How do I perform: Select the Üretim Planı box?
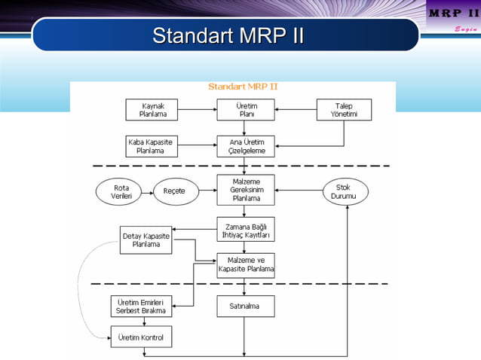pyautogui.click(x=246, y=110)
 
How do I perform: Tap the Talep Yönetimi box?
pyautogui.click(x=344, y=110)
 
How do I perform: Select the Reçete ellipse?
pyautogui.click(x=174, y=192)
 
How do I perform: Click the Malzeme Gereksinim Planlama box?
pyautogui.click(x=246, y=190)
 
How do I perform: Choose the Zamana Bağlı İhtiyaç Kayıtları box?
pyautogui.click(x=246, y=229)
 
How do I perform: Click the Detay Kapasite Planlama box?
pyautogui.click(x=146, y=240)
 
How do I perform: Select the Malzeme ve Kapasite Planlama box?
pyautogui.click(x=246, y=264)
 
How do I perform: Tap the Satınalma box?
pyautogui.click(x=246, y=306)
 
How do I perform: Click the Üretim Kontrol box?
pyautogui.click(x=141, y=336)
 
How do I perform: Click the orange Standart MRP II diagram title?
pyautogui.click(x=242, y=87)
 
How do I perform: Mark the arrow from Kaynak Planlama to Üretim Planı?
pyautogui.click(x=197, y=110)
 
